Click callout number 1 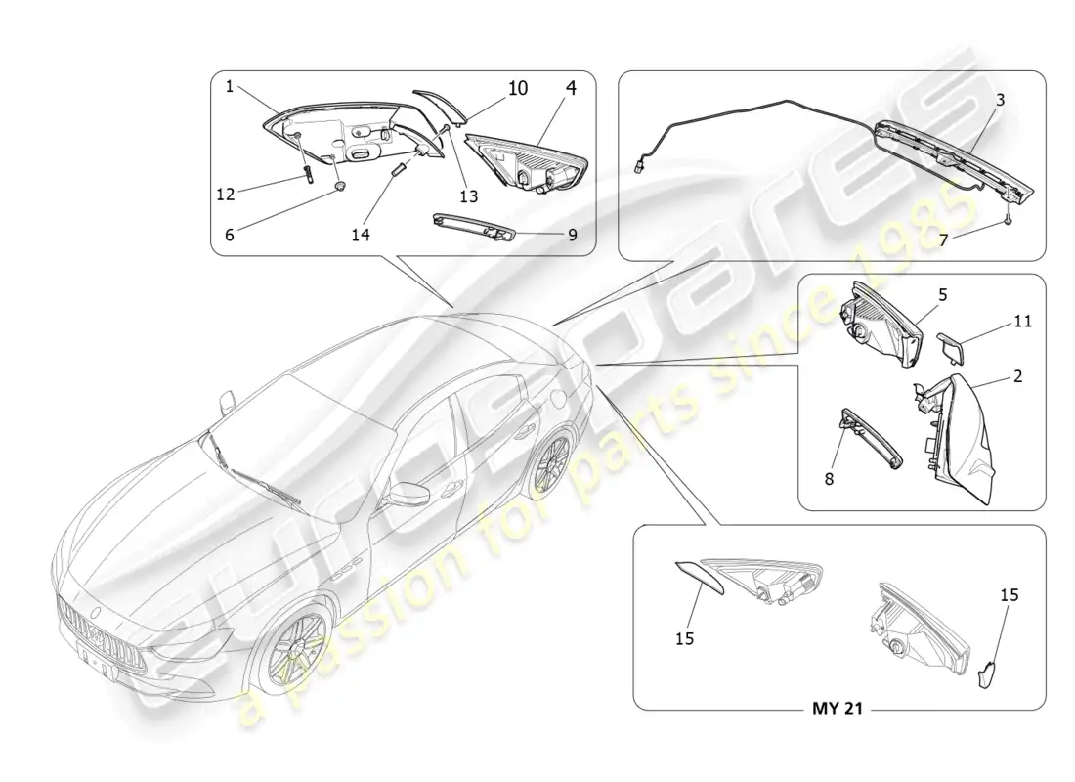click(x=230, y=86)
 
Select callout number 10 click(x=518, y=88)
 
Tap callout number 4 click(x=571, y=88)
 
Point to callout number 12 click(x=226, y=195)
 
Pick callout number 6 click(x=230, y=235)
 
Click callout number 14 click(x=361, y=235)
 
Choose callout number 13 click(x=468, y=196)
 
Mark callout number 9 click(x=573, y=235)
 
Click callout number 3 click(x=1001, y=100)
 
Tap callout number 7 click(x=943, y=240)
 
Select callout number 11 click(x=1023, y=321)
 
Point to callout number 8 click(x=829, y=479)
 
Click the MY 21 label click(x=838, y=708)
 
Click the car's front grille click(x=103, y=631)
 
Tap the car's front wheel click(x=293, y=647)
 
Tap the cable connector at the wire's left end click(x=639, y=167)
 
